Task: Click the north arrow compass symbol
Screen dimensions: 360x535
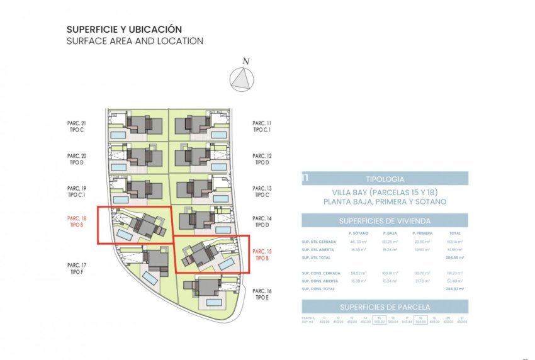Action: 241,80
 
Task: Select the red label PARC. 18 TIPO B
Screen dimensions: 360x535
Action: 76,221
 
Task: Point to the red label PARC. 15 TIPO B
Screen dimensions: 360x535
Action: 262,254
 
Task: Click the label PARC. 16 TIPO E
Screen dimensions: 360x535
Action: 262,294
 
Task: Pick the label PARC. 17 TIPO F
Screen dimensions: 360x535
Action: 76,268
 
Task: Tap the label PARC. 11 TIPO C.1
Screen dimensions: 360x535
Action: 262,127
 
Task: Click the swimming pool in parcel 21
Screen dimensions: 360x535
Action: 118,135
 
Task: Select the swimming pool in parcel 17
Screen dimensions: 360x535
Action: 150,278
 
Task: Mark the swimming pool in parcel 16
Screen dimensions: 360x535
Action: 215,303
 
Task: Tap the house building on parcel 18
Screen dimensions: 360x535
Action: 148,225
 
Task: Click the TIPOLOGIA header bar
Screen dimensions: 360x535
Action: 385,178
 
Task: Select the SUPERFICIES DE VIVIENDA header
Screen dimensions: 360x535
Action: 385,221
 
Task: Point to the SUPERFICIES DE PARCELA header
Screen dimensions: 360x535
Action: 385,307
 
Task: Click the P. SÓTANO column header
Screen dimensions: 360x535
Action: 358,233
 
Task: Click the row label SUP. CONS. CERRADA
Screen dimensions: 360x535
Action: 320,273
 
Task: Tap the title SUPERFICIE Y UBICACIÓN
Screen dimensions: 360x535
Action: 124,30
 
